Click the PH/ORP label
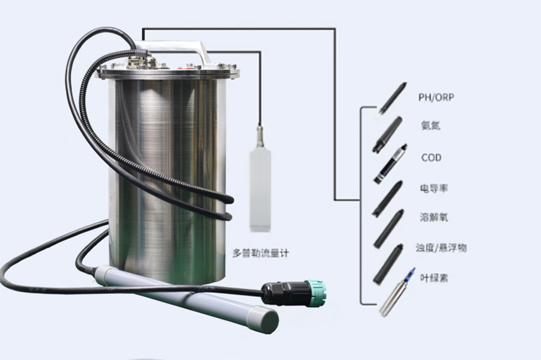click(x=436, y=97)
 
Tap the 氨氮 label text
click(x=430, y=125)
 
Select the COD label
click(x=431, y=157)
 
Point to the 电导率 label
click(x=434, y=188)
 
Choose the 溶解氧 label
click(x=434, y=217)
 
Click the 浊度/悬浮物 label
click(x=441, y=248)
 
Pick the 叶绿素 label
click(x=434, y=278)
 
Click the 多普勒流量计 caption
click(x=261, y=253)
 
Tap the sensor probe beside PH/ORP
click(x=393, y=98)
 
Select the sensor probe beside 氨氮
click(x=388, y=135)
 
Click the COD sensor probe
click(x=391, y=164)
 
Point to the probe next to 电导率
click(x=388, y=198)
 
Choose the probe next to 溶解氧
click(x=389, y=228)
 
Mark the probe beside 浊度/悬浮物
click(x=388, y=264)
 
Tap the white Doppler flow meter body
click(x=260, y=190)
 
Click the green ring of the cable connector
click(x=316, y=293)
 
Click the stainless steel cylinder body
click(x=167, y=179)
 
